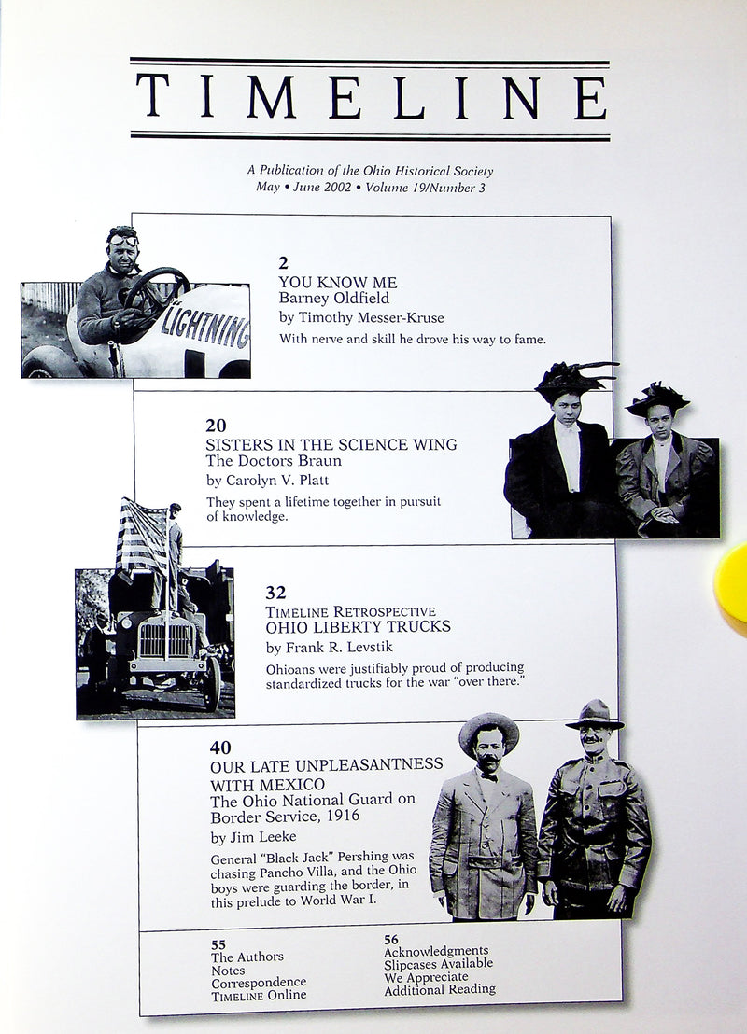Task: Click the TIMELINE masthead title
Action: point(371,98)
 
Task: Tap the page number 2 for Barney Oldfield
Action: point(283,263)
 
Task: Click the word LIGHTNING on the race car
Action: point(204,327)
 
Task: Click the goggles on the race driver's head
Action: point(122,239)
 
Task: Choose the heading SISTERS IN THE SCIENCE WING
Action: point(331,444)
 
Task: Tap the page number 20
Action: point(215,426)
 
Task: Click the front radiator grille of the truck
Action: point(165,640)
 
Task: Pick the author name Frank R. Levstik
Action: point(322,647)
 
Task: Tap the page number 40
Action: point(220,747)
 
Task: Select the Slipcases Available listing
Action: point(438,963)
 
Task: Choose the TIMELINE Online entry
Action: point(258,996)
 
